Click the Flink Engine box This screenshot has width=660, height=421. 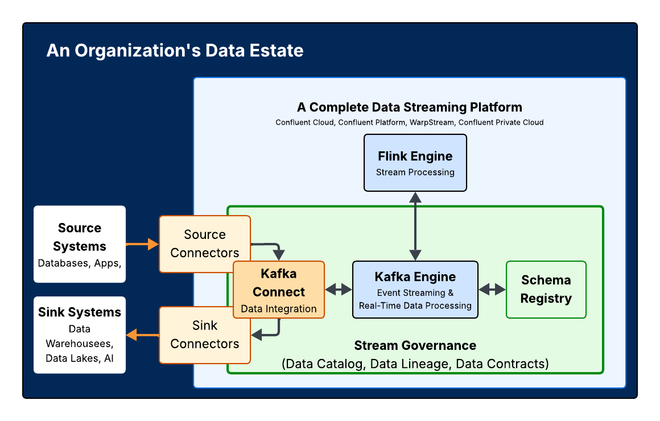tap(415, 163)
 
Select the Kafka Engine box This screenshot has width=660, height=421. tap(415, 290)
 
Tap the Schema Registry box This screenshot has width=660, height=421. tap(546, 290)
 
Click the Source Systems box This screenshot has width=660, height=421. tap(80, 244)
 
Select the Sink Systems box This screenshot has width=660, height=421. tap(80, 335)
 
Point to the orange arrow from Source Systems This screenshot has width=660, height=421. tap(142, 244)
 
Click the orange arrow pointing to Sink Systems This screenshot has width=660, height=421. tap(142, 335)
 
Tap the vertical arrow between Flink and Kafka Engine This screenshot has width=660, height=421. tap(415, 226)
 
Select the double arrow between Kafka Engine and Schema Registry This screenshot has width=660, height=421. tap(492, 290)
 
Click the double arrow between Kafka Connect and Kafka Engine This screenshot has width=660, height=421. tap(339, 290)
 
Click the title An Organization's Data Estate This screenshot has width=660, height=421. tap(175, 51)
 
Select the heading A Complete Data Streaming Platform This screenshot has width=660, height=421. tap(409, 107)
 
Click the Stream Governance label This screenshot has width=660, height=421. tap(415, 345)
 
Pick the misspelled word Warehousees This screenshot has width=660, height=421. tap(80, 344)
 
